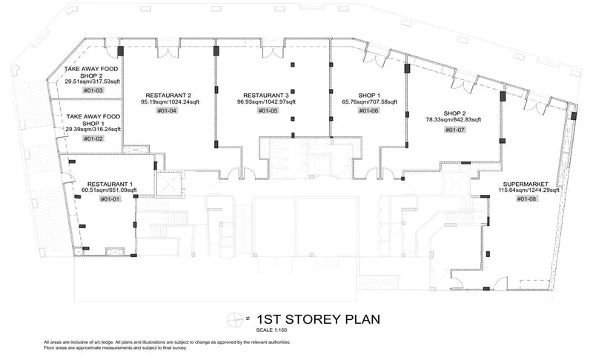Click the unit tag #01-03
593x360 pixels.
[93, 90]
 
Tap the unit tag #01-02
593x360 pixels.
[93, 139]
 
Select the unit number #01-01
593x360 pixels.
[110, 199]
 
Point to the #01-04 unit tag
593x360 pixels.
[167, 110]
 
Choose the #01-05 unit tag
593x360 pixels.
[268, 110]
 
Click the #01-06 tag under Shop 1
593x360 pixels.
[368, 110]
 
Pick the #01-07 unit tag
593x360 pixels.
[455, 130]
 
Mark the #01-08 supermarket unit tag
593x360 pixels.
[527, 199]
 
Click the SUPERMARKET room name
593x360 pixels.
[526, 184]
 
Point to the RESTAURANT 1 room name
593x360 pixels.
[110, 184]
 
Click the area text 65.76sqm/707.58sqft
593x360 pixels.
[369, 102]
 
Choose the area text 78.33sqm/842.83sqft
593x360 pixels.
[454, 120]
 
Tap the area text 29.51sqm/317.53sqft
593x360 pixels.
[93, 81]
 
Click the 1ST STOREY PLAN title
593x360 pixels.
[319, 319]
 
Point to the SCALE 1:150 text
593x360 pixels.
[272, 330]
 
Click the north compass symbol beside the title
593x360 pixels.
[235, 319]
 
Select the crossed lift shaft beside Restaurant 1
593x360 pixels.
[169, 184]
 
